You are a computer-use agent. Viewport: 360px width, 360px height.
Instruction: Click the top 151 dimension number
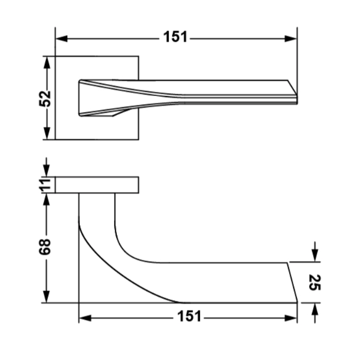click(175, 37)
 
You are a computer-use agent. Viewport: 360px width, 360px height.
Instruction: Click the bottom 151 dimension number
click(189, 316)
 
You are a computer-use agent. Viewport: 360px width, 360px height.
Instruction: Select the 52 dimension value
click(44, 99)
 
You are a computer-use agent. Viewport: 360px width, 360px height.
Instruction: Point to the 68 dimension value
click(44, 247)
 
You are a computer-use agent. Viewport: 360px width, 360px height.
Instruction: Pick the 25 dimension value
click(315, 282)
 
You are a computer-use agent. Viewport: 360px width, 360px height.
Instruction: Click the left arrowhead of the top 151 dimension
click(62, 39)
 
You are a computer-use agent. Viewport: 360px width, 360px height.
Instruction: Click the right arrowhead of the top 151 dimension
click(291, 39)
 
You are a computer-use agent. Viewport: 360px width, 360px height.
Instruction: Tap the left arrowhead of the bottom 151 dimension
click(85, 318)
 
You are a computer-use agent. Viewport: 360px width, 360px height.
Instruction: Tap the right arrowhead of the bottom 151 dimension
click(291, 318)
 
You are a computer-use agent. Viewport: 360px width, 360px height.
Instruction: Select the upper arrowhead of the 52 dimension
click(46, 63)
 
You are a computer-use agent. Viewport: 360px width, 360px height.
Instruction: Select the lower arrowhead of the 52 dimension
click(46, 133)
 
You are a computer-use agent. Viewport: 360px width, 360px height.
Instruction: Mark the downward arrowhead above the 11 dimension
click(46, 171)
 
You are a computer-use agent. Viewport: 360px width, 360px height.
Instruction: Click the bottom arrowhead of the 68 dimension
click(46, 296)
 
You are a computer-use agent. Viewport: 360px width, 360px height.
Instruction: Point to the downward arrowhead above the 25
click(315, 255)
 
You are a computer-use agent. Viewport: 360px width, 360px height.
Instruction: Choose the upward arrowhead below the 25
click(315, 309)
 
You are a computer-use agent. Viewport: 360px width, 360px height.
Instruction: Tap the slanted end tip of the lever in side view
click(297, 303)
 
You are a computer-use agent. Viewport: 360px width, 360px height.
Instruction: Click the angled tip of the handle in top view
click(297, 95)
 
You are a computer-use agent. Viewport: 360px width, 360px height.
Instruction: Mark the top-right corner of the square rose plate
click(138, 56)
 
